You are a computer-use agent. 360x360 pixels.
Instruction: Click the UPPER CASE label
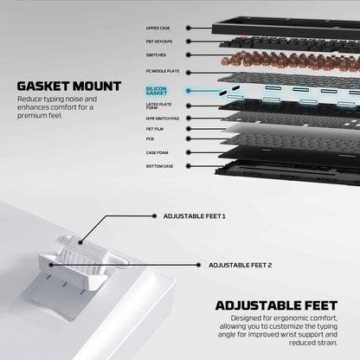point(157,29)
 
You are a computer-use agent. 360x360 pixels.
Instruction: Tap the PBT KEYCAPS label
point(159,42)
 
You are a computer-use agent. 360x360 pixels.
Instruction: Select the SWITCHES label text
point(156,55)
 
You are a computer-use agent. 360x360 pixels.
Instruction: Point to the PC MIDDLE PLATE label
point(163,71)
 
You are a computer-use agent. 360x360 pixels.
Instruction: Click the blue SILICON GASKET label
point(157,91)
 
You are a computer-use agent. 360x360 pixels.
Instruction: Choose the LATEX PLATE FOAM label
point(158,106)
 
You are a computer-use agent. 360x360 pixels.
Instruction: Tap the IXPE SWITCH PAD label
point(163,119)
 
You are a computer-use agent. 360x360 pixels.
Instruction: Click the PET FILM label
point(155,129)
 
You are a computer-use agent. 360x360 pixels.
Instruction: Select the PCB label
point(150,139)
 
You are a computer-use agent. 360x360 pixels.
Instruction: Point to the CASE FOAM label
point(157,152)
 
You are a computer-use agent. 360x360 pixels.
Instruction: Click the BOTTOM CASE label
point(159,166)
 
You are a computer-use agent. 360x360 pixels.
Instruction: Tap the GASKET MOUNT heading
point(69,87)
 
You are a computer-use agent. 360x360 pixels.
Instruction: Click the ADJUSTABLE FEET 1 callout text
point(195,216)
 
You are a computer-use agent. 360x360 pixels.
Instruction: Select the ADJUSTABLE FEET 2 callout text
point(241,265)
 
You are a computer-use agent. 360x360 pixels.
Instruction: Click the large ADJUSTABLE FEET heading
point(276,305)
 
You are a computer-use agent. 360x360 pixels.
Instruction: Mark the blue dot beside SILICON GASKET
point(189,91)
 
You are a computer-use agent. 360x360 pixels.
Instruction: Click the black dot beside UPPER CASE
point(189,28)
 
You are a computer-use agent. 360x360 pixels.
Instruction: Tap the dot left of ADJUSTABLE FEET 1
point(154,215)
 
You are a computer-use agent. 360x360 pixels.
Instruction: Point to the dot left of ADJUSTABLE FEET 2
point(198,265)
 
